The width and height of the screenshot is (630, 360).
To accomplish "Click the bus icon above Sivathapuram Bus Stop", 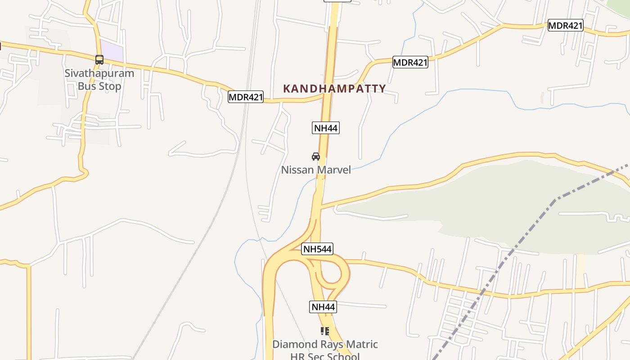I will [x=99, y=59].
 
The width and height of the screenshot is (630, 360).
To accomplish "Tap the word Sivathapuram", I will [x=99, y=73].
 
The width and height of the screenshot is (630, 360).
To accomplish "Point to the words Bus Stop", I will [x=99, y=86].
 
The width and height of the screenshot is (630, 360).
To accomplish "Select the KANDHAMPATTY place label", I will [x=334, y=89].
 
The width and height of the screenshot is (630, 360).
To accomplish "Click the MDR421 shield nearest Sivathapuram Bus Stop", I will [x=245, y=97].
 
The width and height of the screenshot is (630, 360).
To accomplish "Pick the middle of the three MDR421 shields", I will [x=410, y=62].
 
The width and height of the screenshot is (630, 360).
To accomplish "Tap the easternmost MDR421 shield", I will [x=565, y=25].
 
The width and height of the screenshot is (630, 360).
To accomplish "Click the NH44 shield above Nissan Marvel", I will [x=325, y=128].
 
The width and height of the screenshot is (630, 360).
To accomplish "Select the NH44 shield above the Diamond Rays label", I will [x=323, y=307].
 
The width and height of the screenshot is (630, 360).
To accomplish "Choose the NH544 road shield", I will [x=317, y=249].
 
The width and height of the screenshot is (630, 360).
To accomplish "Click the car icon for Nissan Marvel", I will [x=316, y=157].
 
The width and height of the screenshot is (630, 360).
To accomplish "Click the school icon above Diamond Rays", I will [x=324, y=332].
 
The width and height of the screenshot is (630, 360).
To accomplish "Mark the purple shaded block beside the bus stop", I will [x=111, y=51].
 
